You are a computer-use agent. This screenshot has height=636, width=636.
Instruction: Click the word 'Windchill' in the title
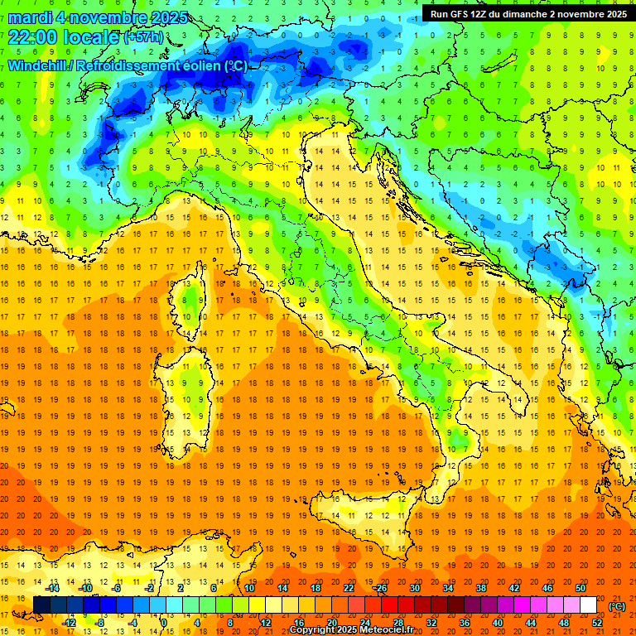tap(39, 65)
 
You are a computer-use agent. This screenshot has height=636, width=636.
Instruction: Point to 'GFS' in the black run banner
tap(464, 13)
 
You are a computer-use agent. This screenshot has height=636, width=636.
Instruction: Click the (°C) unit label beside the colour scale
tap(617, 605)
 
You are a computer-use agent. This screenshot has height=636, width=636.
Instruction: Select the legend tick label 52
tap(597, 622)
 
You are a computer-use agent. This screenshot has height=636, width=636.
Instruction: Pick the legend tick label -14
tap(53, 588)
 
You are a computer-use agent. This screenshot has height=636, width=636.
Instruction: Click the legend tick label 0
tap(164, 622)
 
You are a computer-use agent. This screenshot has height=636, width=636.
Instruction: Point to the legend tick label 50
tap(581, 588)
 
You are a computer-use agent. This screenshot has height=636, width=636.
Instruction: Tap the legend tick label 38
tap(480, 588)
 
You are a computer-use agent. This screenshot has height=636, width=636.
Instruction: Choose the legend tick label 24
tap(364, 622)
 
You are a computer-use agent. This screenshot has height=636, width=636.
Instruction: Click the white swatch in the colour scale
tap(588, 605)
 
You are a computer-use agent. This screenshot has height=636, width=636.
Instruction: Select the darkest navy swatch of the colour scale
tap(41, 605)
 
